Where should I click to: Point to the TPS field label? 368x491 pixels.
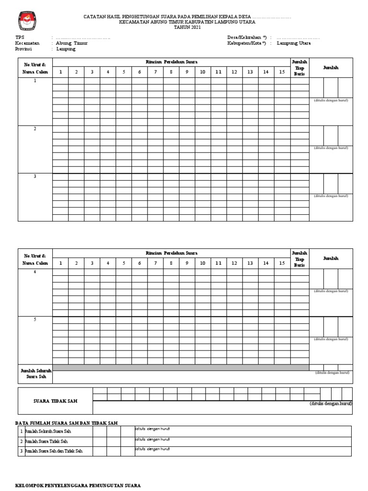coord(19,37)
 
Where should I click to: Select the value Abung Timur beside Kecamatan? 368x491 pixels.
coord(72,43)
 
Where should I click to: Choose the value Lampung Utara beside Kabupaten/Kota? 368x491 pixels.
coord(293,43)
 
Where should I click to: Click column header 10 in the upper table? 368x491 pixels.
coord(203,72)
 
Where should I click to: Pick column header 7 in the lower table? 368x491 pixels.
coord(155,263)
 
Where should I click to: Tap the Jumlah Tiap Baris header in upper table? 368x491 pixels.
coord(299,68)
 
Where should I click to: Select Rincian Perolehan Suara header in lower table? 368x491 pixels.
coord(172,253)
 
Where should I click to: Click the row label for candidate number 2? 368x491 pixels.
coord(35,129)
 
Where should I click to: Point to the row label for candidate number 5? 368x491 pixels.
coord(35,320)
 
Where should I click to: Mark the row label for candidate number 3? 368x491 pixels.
coord(35,176)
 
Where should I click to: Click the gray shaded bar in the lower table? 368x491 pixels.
coord(181,367)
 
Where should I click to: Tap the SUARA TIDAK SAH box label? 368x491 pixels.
coord(55,401)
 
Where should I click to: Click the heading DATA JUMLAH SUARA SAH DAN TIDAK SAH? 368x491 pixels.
coord(67,423)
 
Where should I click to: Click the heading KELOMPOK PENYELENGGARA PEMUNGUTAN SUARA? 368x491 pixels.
coord(78,486)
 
